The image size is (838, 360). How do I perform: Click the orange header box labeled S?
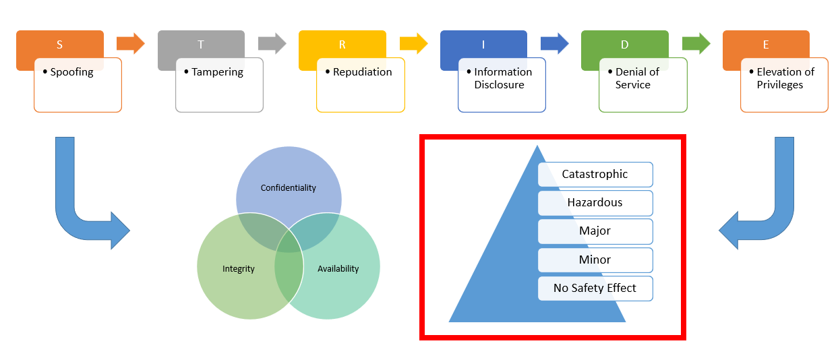(x=59, y=44)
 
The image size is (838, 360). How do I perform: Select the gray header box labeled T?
(x=201, y=44)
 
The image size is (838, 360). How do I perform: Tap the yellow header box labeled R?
(x=342, y=44)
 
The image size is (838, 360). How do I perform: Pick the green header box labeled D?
(x=624, y=44)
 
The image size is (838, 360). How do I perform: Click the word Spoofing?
(x=72, y=72)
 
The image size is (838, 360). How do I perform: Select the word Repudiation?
(x=362, y=72)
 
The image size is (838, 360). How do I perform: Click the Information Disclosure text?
(x=502, y=78)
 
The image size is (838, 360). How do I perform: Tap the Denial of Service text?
(x=636, y=78)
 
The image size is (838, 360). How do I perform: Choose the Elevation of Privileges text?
(x=785, y=78)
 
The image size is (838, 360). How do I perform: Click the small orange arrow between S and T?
(x=131, y=44)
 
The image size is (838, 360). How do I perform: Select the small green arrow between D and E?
(x=696, y=44)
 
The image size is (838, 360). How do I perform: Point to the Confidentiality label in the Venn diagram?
(x=289, y=188)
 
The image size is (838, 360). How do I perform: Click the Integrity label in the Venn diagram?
(x=239, y=269)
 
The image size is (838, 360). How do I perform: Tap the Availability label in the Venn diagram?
(x=338, y=269)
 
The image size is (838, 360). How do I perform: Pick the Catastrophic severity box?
(x=595, y=175)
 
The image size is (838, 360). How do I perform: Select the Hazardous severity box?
(x=595, y=203)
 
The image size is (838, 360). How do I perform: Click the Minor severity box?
(x=595, y=260)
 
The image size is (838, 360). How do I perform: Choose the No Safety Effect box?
(x=595, y=289)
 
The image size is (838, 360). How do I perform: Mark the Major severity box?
(x=595, y=231)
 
